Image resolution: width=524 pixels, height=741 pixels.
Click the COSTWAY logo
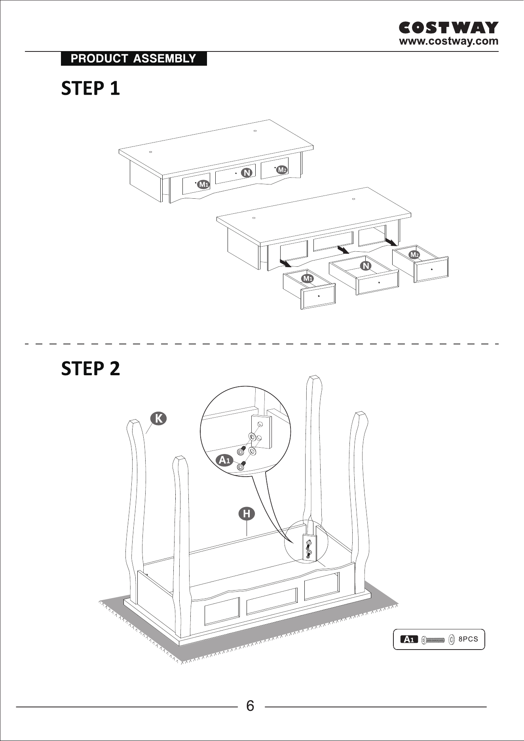[x=448, y=28]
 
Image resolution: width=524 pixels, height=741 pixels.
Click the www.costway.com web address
[x=449, y=41]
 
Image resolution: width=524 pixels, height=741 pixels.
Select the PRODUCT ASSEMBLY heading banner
[x=134, y=59]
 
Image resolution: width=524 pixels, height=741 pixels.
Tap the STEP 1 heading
[x=90, y=88]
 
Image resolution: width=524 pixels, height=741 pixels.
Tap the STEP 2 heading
[x=90, y=369]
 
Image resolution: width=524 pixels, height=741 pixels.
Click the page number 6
[x=250, y=706]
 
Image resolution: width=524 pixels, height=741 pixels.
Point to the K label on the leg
[x=158, y=418]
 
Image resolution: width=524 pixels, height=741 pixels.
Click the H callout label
[x=247, y=514]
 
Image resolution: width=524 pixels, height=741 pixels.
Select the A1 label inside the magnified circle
[x=225, y=460]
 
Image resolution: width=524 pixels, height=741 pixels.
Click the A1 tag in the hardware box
[x=409, y=639]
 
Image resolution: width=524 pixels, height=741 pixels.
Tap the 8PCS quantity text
[x=468, y=639]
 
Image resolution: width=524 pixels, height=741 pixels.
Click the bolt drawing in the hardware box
[x=433, y=639]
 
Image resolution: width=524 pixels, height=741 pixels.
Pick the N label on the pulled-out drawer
[x=366, y=266]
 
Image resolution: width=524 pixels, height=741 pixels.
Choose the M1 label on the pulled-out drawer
[x=308, y=279]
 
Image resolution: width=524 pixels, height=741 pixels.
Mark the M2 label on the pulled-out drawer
[x=414, y=255]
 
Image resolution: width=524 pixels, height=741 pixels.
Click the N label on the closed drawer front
[x=247, y=173]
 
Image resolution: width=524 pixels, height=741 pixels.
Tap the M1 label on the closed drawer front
[x=203, y=184]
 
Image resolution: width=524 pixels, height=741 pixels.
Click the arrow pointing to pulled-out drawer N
[x=343, y=250]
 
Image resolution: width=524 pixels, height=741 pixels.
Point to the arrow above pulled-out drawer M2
[x=392, y=241]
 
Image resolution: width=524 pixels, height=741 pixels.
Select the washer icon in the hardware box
[x=452, y=639]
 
